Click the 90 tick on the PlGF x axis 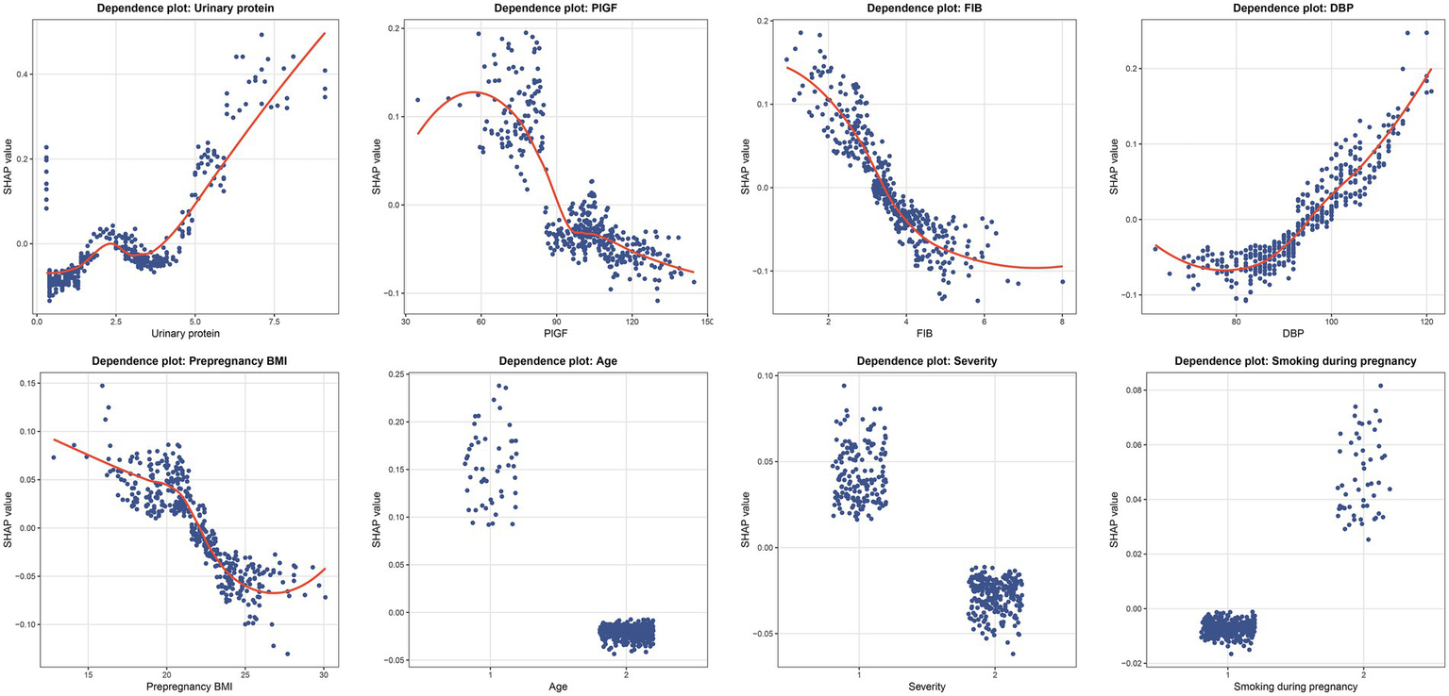[557, 321]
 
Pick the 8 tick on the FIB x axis [1062, 321]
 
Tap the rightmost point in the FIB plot [1062, 281]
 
